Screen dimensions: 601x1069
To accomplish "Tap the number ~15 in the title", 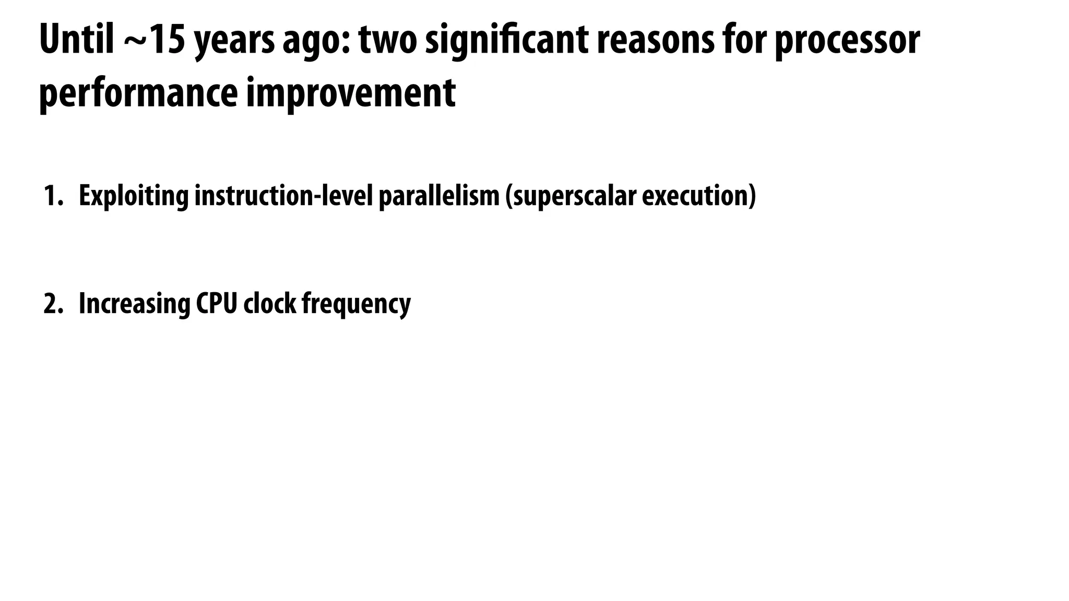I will tap(155, 41).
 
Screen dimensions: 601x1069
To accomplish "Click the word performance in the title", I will tap(138, 94).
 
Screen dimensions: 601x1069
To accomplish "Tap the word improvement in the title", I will tap(350, 94).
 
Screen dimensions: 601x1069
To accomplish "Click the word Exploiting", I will tap(134, 196).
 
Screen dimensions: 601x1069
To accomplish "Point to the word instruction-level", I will tap(284, 196).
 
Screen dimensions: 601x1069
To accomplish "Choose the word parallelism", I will tap(439, 196).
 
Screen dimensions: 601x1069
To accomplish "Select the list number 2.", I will tap(53, 304).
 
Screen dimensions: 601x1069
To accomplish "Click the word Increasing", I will tap(134, 304).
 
